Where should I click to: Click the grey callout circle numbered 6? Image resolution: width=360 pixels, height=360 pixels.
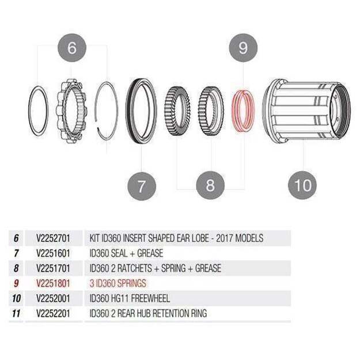pos(72,48)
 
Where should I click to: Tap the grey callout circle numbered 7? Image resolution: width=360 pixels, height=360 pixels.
pos(142,186)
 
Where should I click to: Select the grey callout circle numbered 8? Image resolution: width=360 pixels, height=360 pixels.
pos(210,185)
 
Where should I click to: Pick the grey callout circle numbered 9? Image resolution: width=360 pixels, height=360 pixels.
pos(243,48)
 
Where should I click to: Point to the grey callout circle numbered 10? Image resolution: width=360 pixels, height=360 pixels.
pos(302,185)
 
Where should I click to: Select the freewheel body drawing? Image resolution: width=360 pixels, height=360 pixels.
pos(306,111)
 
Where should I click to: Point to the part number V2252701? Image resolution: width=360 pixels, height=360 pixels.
pos(53,238)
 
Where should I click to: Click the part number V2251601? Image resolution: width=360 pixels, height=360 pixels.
pos(53,253)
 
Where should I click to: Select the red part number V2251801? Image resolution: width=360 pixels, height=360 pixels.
pos(53,283)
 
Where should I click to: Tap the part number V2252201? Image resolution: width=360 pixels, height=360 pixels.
pos(53,313)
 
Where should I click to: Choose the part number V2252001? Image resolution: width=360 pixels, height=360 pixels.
pos(53,298)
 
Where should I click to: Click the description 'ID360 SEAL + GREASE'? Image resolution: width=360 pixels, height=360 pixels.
pos(126,253)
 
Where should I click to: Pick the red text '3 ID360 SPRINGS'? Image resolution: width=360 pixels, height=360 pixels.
pos(118,283)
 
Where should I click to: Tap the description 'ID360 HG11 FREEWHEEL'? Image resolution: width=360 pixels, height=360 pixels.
pos(130,298)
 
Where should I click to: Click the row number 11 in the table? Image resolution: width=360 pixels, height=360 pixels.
pos(16,313)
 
